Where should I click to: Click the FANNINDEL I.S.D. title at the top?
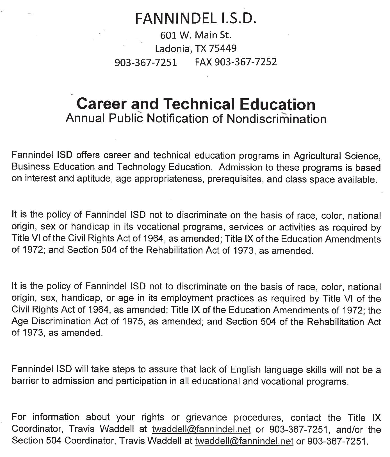tap(196, 19)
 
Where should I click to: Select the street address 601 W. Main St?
tap(196, 35)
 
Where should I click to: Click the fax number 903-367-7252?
tap(245, 62)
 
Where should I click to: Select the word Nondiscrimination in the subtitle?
tap(276, 119)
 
